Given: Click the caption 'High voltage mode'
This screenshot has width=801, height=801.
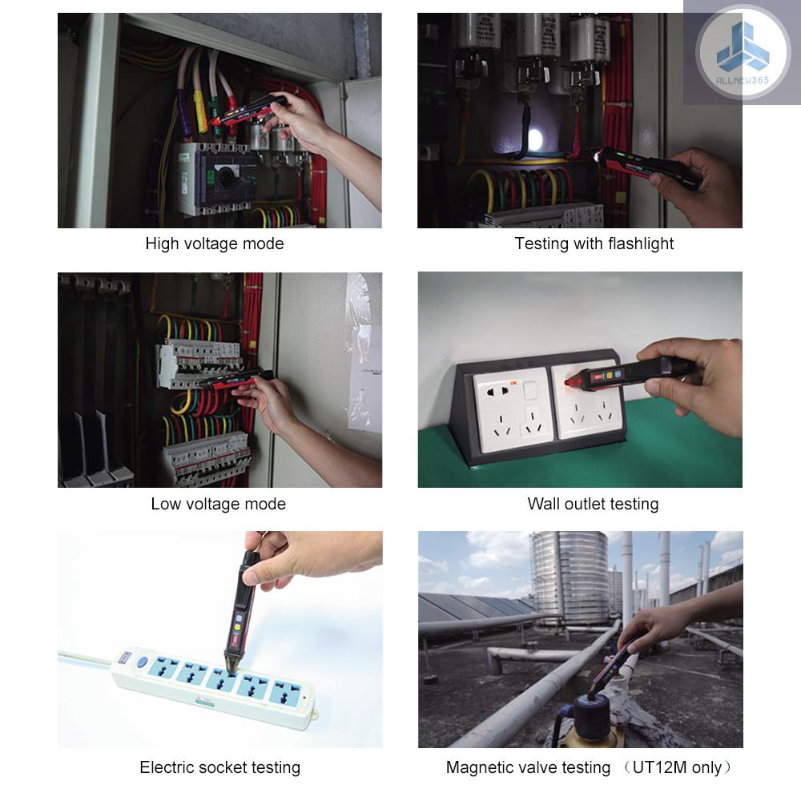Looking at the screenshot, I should tap(215, 244).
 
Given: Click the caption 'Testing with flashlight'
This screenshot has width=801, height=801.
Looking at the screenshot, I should tap(594, 244).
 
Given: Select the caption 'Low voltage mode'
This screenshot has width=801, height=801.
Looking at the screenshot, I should tap(218, 504).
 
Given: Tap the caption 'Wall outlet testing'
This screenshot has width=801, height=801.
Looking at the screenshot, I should tap(593, 504).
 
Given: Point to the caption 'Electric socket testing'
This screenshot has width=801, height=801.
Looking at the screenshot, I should tap(219, 767).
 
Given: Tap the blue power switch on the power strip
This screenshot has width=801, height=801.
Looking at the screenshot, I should tap(141, 662).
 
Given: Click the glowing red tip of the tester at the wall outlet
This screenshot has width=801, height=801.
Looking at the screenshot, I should tap(570, 383).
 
